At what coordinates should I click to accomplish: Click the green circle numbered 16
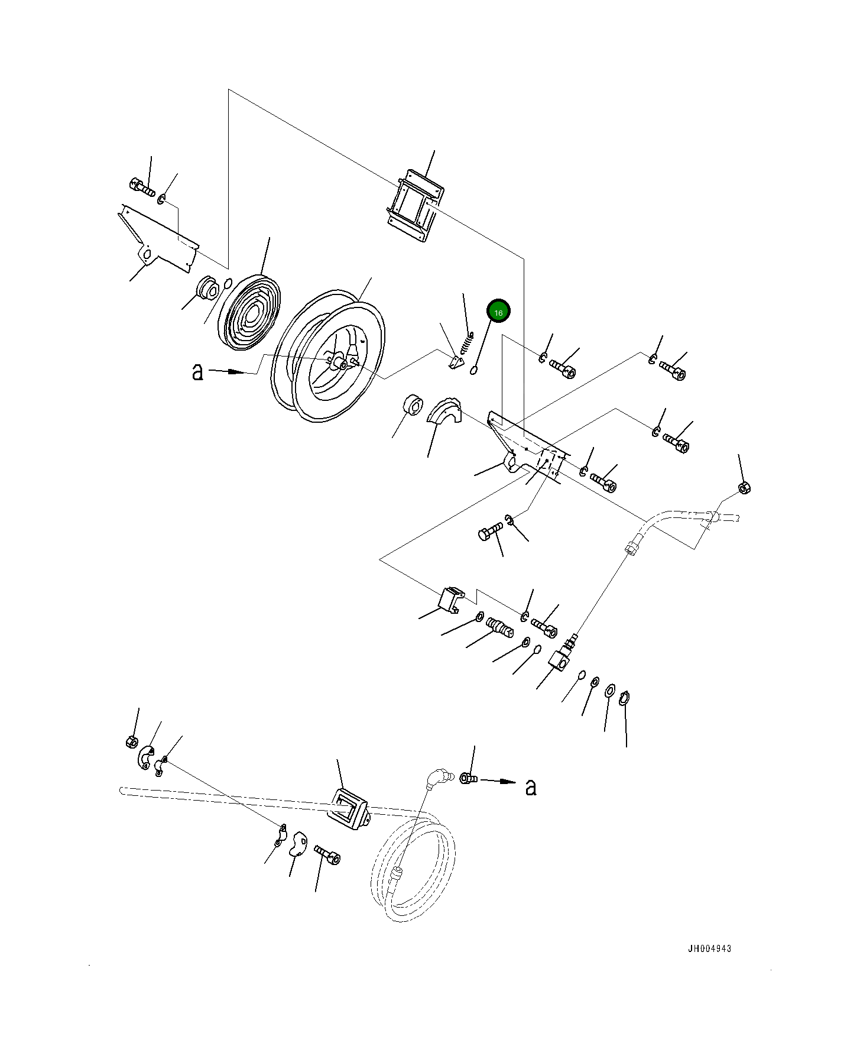(498, 312)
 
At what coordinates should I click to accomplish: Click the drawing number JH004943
(709, 949)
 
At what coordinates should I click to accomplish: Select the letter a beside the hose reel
(197, 371)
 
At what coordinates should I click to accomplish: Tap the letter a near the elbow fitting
(531, 787)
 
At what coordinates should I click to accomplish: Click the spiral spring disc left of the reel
(251, 313)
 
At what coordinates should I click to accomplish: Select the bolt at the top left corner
(141, 187)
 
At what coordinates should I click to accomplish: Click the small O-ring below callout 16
(473, 371)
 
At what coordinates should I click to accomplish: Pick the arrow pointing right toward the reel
(228, 372)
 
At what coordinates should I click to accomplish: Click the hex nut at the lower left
(132, 742)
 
